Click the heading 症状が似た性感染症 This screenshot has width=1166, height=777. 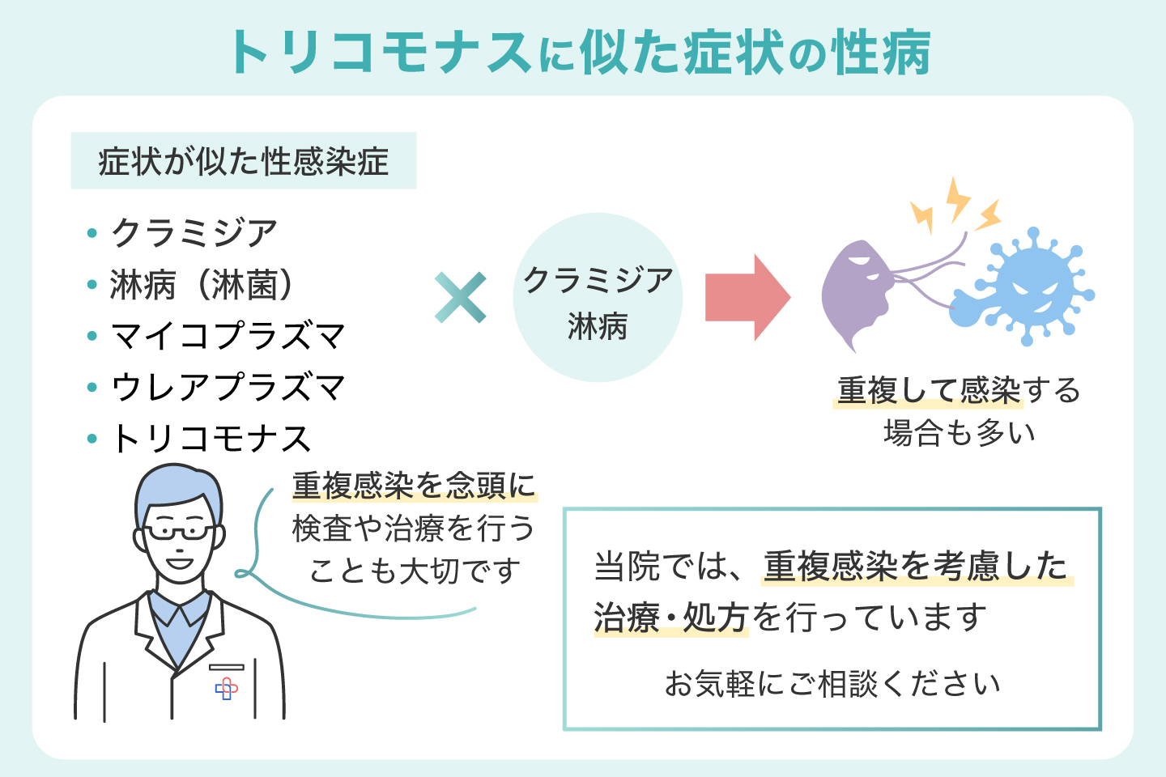(x=243, y=161)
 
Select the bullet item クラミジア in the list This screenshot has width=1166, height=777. (x=194, y=233)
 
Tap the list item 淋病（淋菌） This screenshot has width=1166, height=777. (x=202, y=285)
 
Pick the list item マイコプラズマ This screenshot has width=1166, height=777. (x=228, y=336)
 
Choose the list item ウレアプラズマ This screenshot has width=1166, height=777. (x=228, y=387)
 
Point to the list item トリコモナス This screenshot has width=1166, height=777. (x=211, y=439)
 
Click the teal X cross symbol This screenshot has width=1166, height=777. (x=461, y=298)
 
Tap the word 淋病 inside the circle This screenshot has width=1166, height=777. (x=598, y=326)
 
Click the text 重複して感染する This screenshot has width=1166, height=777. (x=959, y=391)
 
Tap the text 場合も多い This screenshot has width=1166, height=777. (x=959, y=432)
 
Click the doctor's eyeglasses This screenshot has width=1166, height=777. (x=180, y=532)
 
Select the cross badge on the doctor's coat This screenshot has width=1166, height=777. (x=227, y=688)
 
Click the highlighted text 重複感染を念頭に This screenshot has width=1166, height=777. (x=414, y=486)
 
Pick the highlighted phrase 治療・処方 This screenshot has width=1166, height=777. (x=670, y=618)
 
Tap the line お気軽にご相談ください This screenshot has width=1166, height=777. (x=832, y=684)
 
